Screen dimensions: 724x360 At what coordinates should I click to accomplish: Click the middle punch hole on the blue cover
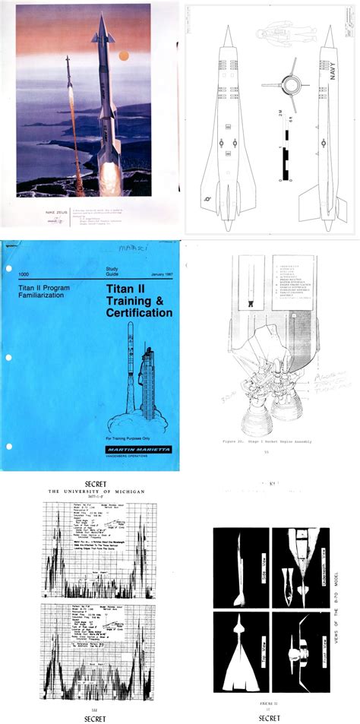coord(7,357)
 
